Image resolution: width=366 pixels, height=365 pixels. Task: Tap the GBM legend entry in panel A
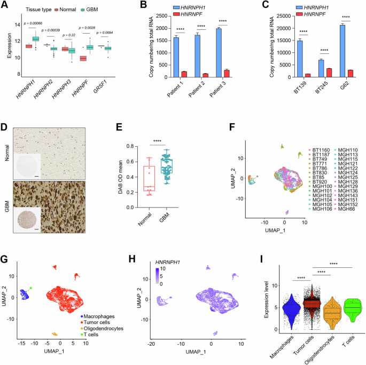(97, 9)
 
